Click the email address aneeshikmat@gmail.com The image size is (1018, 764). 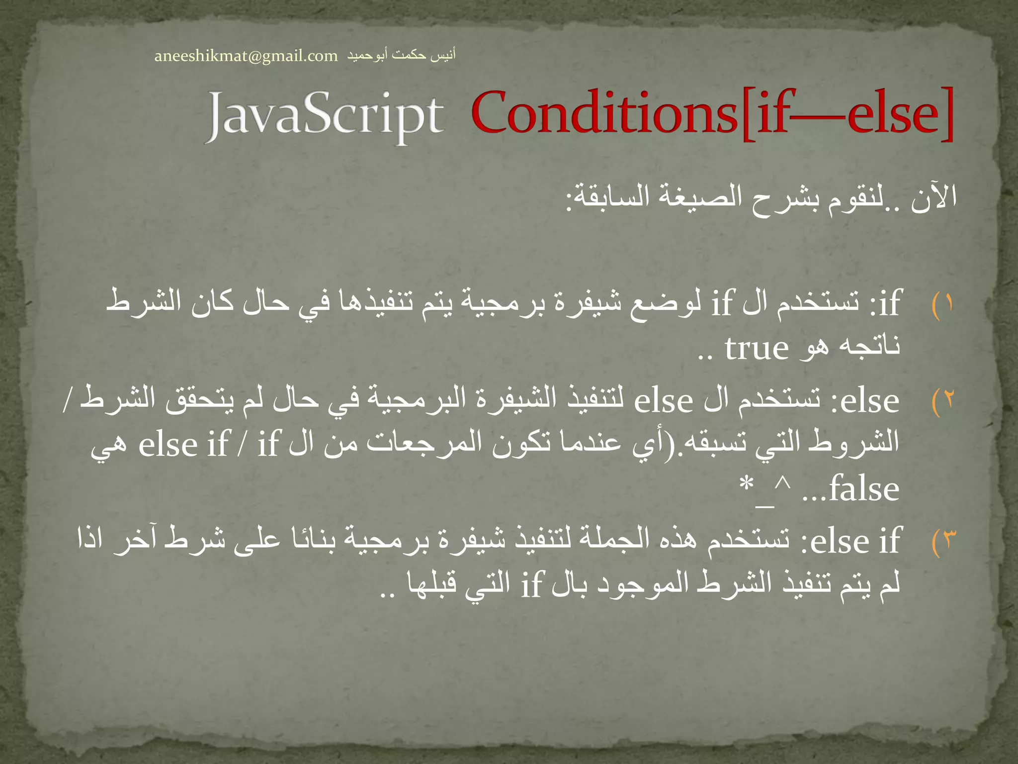(246, 56)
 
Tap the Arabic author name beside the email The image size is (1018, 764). (401, 55)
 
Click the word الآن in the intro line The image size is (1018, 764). (933, 198)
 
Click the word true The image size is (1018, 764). (756, 348)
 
